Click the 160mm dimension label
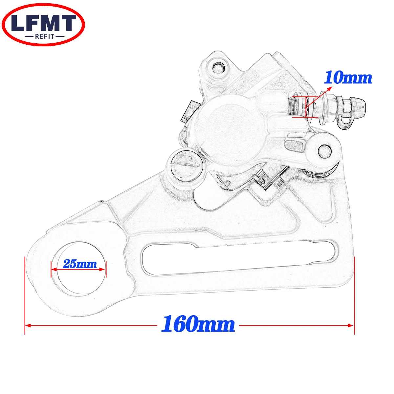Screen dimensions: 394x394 (198, 324)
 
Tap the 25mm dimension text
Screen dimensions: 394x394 (80, 264)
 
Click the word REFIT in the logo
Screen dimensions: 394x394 (45, 36)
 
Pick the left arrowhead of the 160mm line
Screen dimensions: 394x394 (28, 325)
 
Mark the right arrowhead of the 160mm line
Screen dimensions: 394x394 (351, 325)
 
